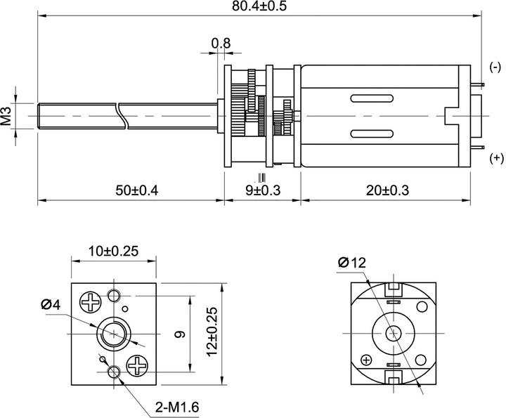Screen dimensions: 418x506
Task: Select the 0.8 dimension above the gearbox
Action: (221, 44)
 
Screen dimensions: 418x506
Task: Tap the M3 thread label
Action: (6, 115)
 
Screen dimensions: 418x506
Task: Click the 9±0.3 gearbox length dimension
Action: (261, 190)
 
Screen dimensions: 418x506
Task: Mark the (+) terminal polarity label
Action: (496, 158)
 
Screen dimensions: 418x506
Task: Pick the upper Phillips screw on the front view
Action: (91, 303)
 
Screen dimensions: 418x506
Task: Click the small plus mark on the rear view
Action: (366, 360)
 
